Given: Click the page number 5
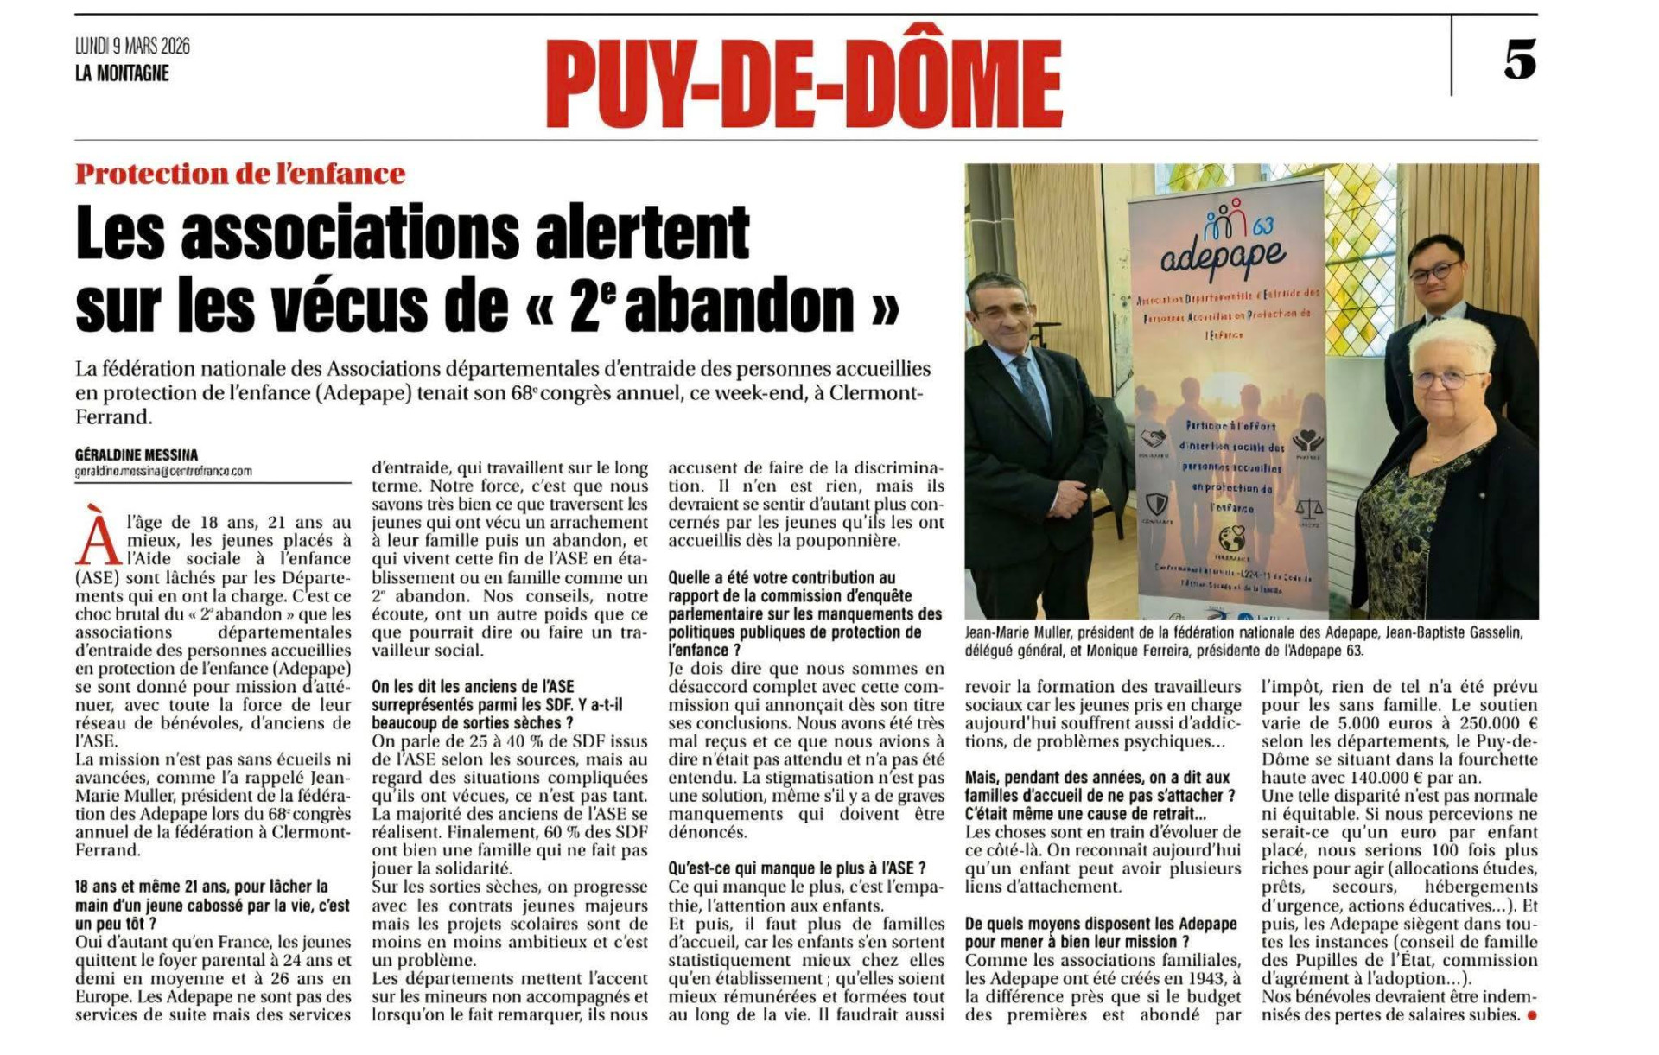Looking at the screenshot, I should [x=1520, y=60].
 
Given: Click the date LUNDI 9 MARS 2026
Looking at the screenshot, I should [x=132, y=46].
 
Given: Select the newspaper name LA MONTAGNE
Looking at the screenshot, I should [x=122, y=73].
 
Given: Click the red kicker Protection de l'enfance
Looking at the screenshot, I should [x=240, y=174].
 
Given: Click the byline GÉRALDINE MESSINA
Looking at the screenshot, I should [x=137, y=454].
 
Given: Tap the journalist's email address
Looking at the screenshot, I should [x=163, y=472].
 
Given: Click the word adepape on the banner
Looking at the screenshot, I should [x=1222, y=257].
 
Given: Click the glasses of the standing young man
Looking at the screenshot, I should [x=1434, y=272].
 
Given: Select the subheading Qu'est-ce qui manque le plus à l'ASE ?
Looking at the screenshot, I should [x=797, y=868].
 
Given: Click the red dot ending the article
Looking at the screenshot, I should [x=1532, y=1015].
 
